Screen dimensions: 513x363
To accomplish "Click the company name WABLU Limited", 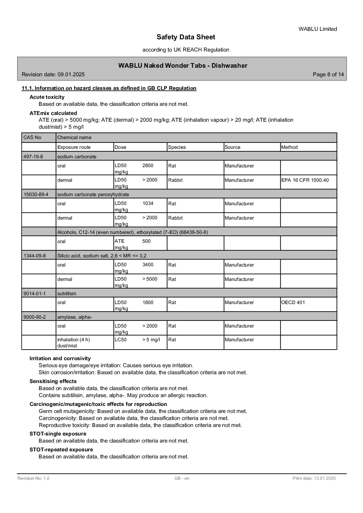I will [318, 29].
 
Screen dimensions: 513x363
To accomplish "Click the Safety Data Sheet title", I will [186, 37].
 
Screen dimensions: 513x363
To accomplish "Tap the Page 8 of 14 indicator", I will [328, 74].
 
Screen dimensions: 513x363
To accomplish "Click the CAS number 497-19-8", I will [33, 156].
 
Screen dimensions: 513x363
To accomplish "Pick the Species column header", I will [177, 147].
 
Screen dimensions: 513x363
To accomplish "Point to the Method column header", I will [289, 147].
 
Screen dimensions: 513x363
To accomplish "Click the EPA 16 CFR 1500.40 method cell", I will [305, 180].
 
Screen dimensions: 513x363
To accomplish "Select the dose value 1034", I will [148, 203].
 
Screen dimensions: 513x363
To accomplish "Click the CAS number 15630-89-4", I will [36, 194].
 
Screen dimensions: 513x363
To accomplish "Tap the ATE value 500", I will [146, 241].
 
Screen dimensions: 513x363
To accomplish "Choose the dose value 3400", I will [148, 265].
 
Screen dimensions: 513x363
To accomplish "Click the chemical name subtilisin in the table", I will [67, 293].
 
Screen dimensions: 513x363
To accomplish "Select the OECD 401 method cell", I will [293, 302].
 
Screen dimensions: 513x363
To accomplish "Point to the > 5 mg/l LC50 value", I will [151, 339].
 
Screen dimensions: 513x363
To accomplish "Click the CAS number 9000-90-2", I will [34, 317].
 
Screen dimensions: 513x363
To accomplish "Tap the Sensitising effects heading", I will [53, 381].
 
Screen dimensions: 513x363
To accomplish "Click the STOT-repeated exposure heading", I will [61, 450].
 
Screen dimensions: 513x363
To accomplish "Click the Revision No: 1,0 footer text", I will [33, 478].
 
